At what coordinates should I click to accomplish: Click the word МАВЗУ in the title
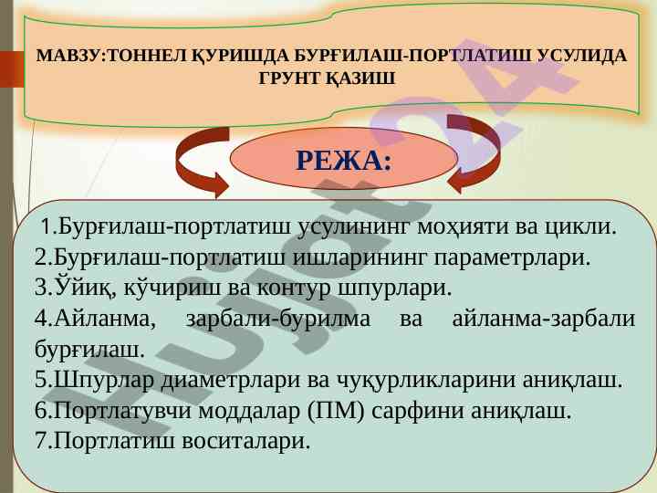pyautogui.click(x=69, y=56)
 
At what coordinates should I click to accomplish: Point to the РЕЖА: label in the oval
pyautogui.click(x=344, y=160)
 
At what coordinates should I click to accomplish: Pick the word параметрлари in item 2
pyautogui.click(x=512, y=257)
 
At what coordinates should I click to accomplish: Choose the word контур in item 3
pyautogui.click(x=293, y=288)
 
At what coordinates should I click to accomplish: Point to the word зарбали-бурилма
pyautogui.click(x=278, y=319)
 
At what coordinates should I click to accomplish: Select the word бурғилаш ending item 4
pyautogui.click(x=89, y=350)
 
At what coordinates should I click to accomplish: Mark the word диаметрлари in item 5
pyautogui.click(x=231, y=380)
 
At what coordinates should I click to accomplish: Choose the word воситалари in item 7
pyautogui.click(x=246, y=441)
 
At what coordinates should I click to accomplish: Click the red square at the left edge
pyautogui.click(x=12, y=70)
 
